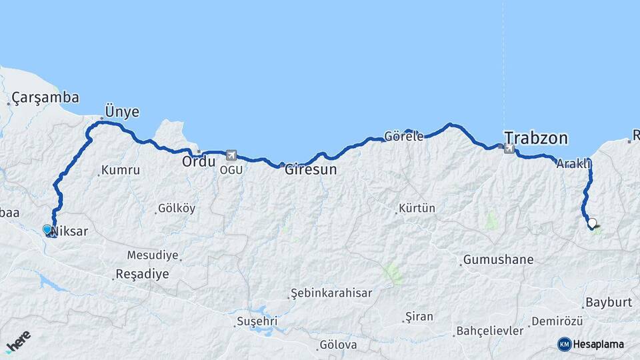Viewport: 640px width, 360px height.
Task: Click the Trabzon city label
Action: tap(536, 138)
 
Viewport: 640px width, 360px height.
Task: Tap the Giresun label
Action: tap(311, 170)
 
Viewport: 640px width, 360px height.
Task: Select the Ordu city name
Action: tap(199, 161)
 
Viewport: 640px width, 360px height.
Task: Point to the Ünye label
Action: tap(122, 111)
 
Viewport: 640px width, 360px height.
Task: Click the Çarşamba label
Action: tap(45, 98)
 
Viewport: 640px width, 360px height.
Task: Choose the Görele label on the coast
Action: tap(404, 137)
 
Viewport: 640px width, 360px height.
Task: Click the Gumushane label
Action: tap(492, 259)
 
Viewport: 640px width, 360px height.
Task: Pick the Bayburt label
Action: tap(608, 302)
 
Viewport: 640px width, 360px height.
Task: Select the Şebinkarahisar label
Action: tap(332, 293)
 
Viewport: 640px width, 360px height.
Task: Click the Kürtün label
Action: tap(417, 209)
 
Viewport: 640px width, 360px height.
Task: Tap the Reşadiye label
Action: tap(142, 273)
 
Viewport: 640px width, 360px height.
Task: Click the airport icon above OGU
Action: tap(231, 155)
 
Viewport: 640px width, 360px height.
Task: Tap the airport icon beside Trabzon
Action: tap(509, 148)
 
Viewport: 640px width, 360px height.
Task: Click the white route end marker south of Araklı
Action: tap(592, 223)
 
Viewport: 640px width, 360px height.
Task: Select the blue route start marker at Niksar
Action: tap(47, 229)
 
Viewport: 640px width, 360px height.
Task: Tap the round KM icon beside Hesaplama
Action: tap(565, 344)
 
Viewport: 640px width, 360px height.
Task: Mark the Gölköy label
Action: tap(177, 209)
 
